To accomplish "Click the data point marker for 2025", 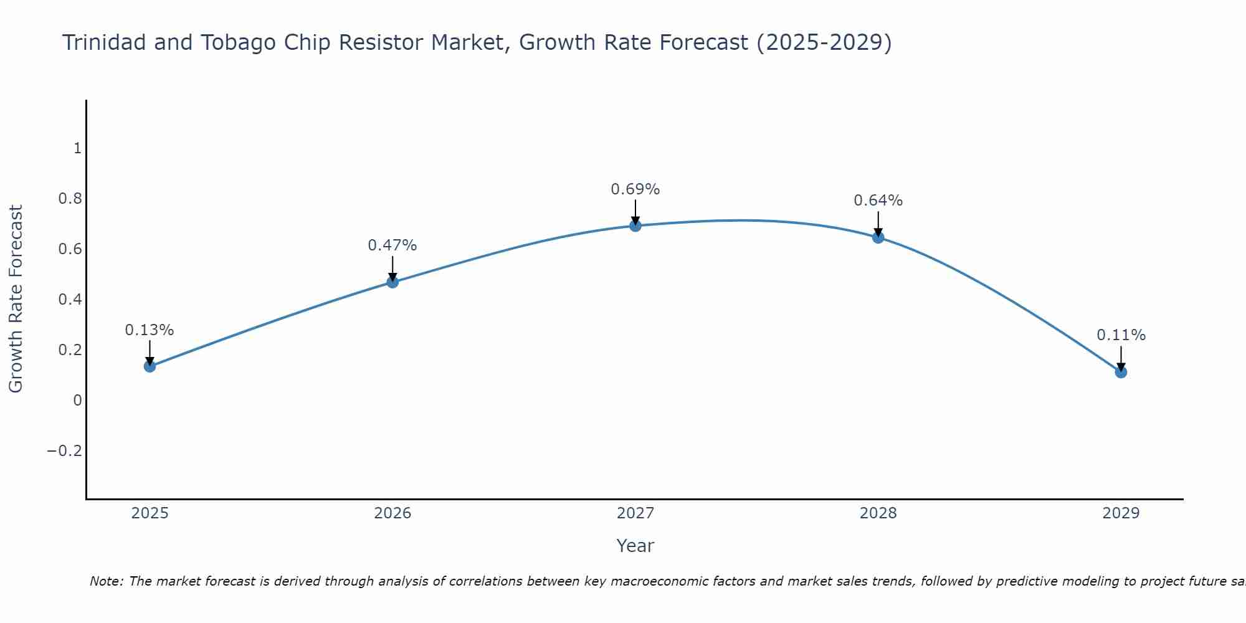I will point(150,366).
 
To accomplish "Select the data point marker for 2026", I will point(392,282).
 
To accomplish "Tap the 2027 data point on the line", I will point(635,226).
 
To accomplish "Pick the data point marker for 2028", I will point(878,237).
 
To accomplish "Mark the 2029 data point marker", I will point(1121,372).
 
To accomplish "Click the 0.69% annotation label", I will point(635,189).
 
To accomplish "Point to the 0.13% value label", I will point(150,330).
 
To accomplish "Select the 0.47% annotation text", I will point(392,245).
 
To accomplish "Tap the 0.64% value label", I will point(878,201).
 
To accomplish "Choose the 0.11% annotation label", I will point(1121,335).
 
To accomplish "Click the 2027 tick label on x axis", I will point(635,513).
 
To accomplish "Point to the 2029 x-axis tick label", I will point(1121,513).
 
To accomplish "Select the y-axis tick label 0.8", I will point(70,199).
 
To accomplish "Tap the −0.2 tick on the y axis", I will point(65,451).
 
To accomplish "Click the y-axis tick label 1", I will point(77,148).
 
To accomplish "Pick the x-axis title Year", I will point(635,546).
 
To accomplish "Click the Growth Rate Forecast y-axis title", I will point(16,298).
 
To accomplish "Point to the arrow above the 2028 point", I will point(878,223).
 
